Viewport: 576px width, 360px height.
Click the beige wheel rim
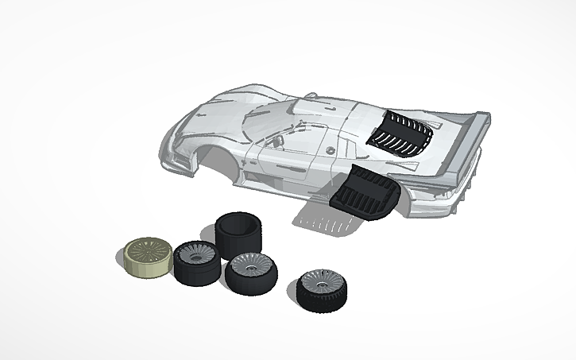(x=148, y=257)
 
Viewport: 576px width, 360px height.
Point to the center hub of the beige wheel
(x=148, y=251)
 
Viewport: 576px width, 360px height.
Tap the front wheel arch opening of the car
(x=218, y=159)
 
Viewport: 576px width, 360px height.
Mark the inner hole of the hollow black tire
(x=237, y=224)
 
